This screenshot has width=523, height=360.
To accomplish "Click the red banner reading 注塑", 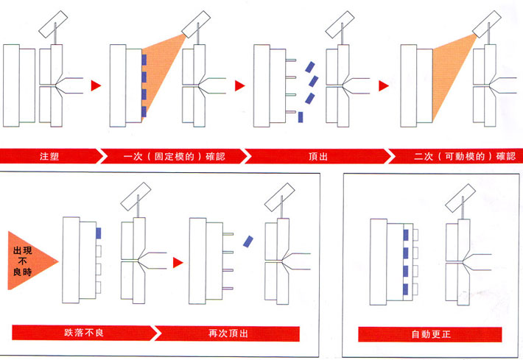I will pos(50,155).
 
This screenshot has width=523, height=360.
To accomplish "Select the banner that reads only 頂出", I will pos(317,155).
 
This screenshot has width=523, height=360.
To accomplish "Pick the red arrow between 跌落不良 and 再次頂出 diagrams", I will pos(177,261).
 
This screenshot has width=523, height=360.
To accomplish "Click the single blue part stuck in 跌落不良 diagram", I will pos(98,233).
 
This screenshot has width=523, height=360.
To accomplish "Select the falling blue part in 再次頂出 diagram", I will pos(248,242).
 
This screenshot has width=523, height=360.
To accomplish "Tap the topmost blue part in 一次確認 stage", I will pos(144,59).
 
